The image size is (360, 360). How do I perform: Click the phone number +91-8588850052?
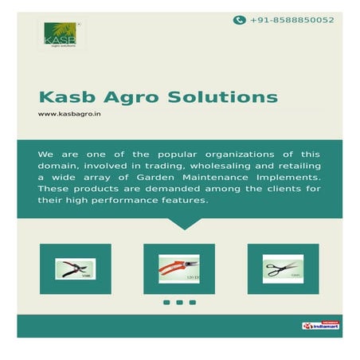tap(292, 20)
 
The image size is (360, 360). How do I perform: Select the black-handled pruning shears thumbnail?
tap(75, 268)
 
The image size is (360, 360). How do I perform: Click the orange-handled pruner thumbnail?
tap(179, 268)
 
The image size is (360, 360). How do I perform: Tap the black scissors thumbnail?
tap(283, 268)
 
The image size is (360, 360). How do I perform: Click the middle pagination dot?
tap(179, 303)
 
